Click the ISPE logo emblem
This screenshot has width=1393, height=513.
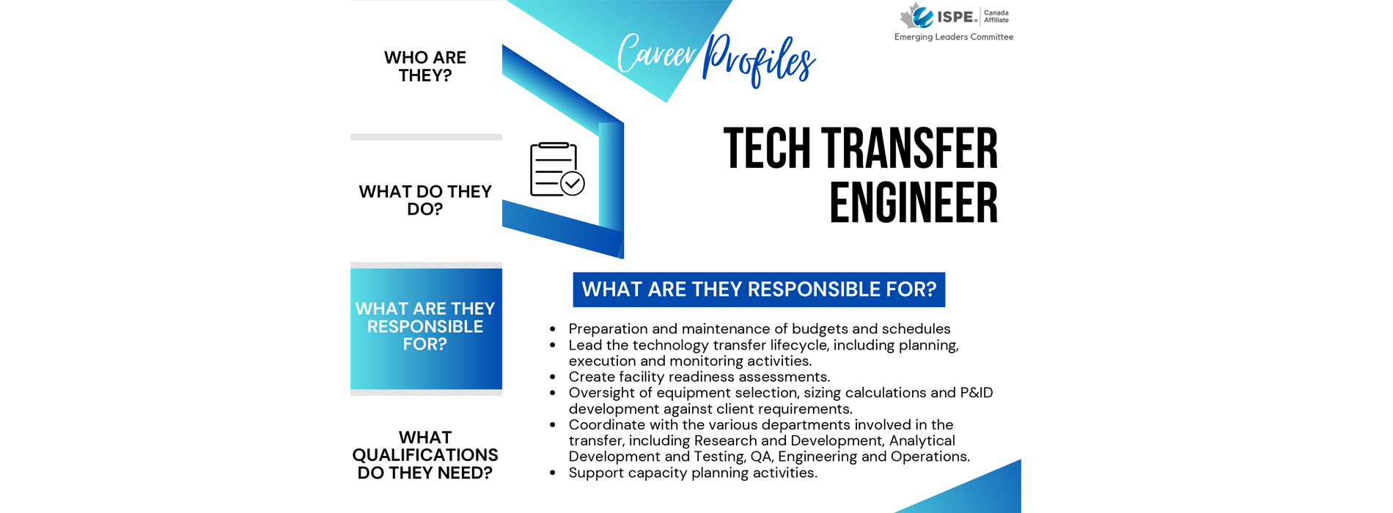pos(916,15)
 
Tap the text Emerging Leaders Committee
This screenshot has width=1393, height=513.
pos(953,37)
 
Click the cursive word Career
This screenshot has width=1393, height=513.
pos(656,53)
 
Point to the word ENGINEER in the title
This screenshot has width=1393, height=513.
pos(914,203)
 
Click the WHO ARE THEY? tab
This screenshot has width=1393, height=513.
pos(425,67)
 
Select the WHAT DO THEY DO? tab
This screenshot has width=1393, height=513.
pos(425,200)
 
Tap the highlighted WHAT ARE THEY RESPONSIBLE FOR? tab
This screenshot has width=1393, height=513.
pos(426,328)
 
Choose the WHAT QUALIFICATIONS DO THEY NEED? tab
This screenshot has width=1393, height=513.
pos(425,454)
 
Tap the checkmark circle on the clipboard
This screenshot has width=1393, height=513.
pos(572,183)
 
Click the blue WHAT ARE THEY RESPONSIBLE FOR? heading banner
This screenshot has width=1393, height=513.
pos(759,289)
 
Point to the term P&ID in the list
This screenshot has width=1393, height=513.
pos(977,393)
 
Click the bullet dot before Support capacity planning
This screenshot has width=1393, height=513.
pos(553,473)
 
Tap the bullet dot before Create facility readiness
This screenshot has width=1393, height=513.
pos(553,377)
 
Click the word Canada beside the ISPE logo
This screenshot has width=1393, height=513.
pos(996,12)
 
